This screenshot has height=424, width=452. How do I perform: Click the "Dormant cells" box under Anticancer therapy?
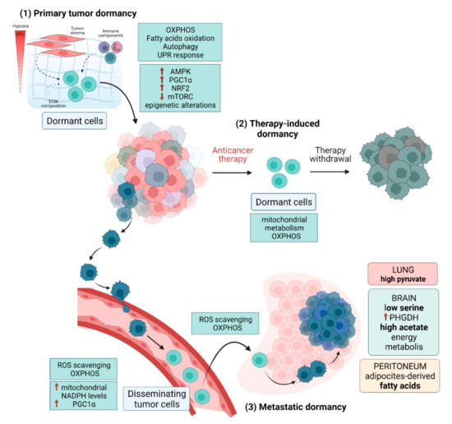pos(279,202)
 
